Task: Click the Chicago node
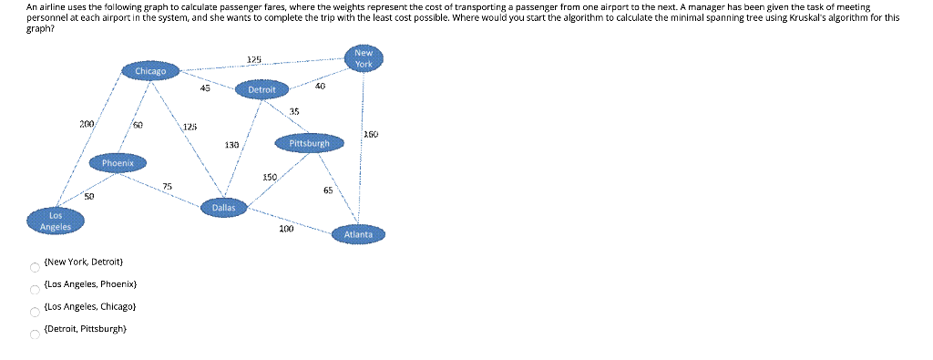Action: tap(150, 71)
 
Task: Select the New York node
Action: tap(364, 59)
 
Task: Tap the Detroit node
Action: tap(261, 89)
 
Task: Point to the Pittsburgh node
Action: tap(310, 143)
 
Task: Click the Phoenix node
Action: tap(118, 163)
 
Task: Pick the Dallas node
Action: tap(223, 208)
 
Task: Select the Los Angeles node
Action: tap(56, 221)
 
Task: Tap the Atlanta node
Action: tap(358, 234)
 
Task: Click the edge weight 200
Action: tap(86, 122)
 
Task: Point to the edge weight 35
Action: tap(293, 111)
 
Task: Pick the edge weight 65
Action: tap(327, 190)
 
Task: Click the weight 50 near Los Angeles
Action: tap(89, 195)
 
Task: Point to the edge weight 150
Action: tap(269, 176)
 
